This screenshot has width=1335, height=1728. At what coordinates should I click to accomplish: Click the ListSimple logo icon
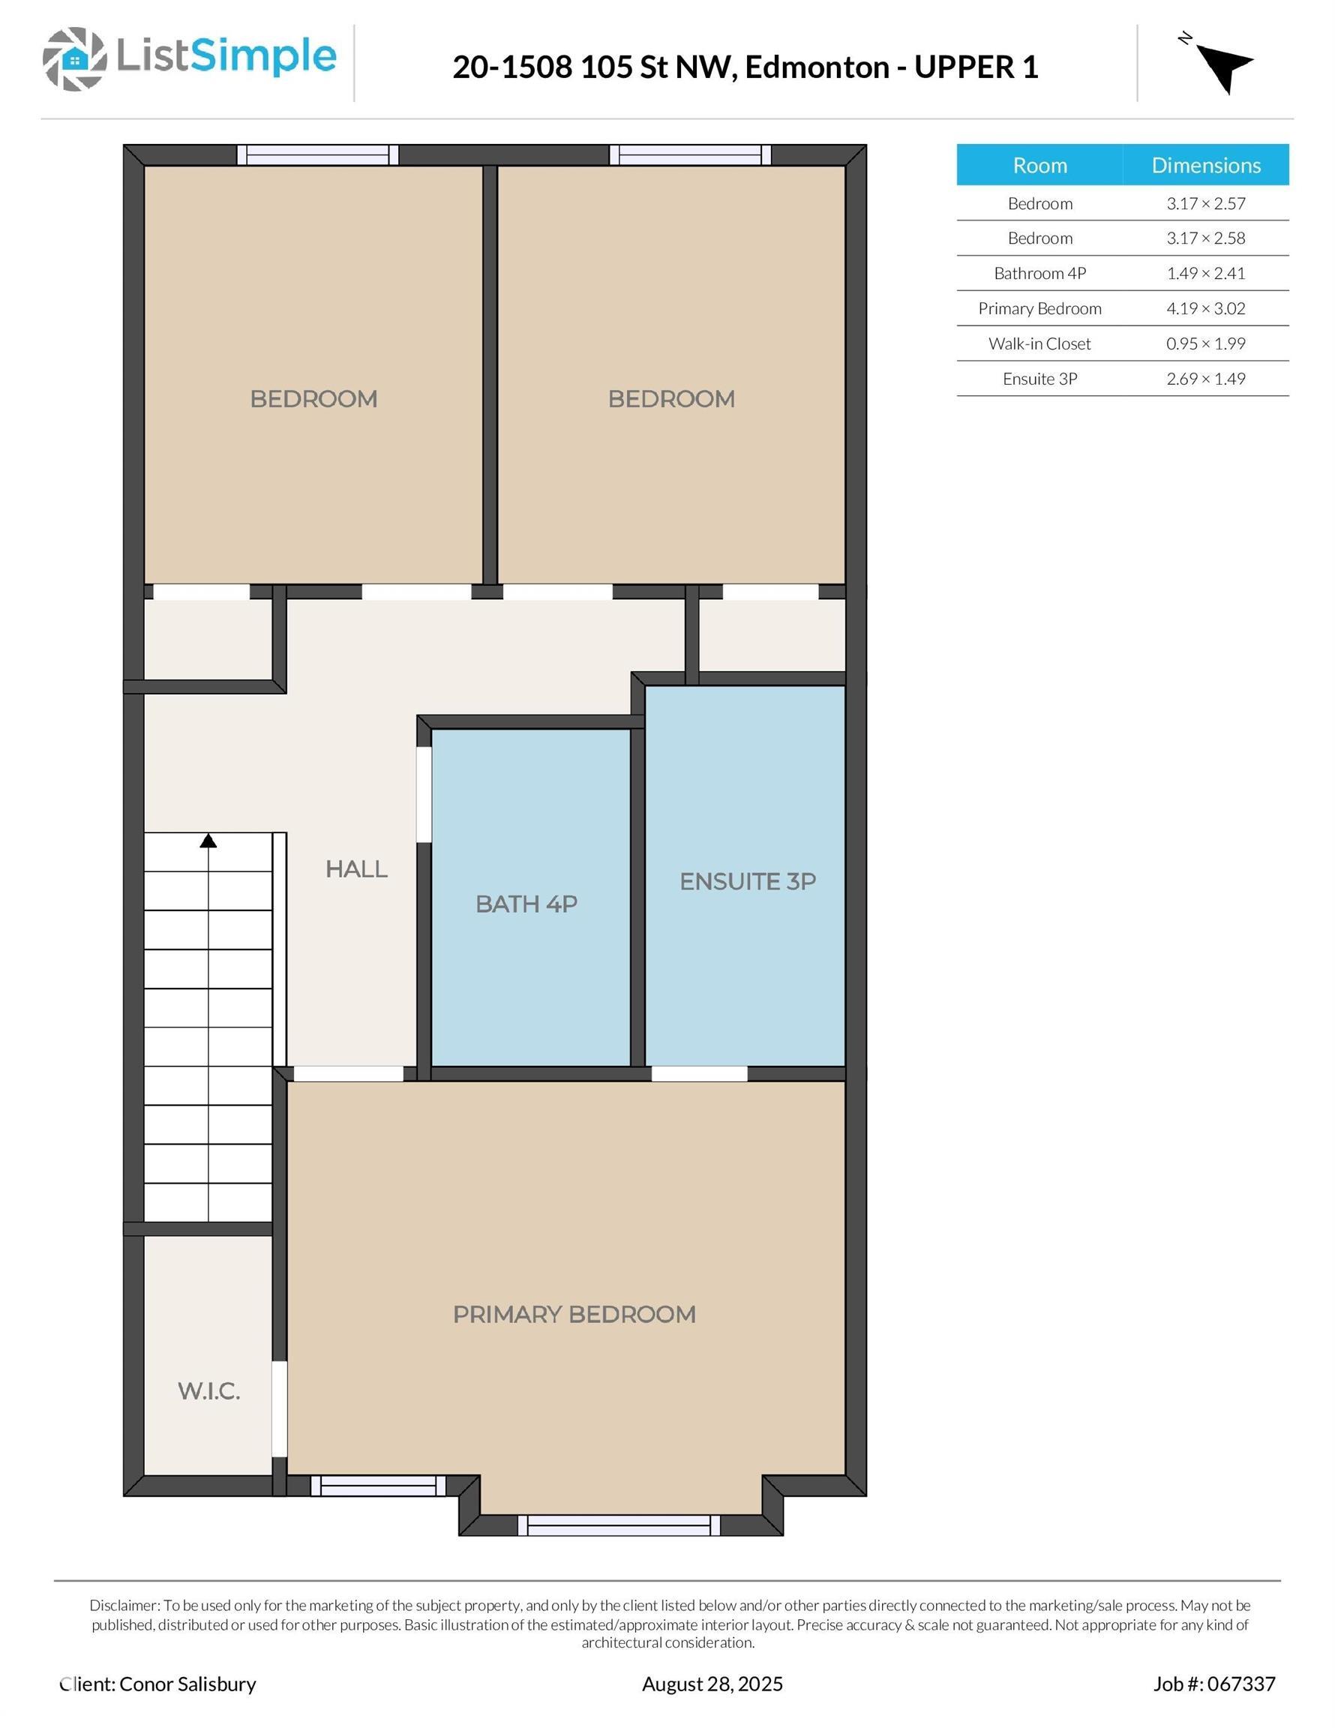click(x=74, y=58)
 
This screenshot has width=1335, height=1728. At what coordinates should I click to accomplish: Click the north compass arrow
click(x=1222, y=67)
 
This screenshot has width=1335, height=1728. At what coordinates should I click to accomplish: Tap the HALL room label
click(x=356, y=869)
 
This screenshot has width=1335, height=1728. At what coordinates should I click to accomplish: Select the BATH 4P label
click(x=526, y=904)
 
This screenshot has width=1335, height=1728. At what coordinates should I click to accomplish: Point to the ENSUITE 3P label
click(x=747, y=881)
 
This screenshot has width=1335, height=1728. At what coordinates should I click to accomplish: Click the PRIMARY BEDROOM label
click(x=574, y=1314)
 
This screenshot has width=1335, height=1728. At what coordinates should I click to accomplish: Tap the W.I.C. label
click(x=209, y=1392)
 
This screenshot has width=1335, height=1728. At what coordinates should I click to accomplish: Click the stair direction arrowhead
click(x=208, y=841)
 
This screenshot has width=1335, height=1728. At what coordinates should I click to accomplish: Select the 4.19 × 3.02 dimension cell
click(x=1205, y=308)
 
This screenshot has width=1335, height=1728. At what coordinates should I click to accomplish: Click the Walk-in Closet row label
click(x=1039, y=343)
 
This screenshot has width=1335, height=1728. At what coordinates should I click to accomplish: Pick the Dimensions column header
click(x=1205, y=165)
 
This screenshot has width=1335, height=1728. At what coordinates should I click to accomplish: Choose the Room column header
click(x=1039, y=165)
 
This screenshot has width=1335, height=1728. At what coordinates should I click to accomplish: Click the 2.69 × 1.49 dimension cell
click(x=1205, y=379)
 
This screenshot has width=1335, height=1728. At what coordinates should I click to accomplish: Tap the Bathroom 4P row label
click(x=1039, y=274)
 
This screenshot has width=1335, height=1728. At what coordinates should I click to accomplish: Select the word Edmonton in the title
click(x=817, y=67)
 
